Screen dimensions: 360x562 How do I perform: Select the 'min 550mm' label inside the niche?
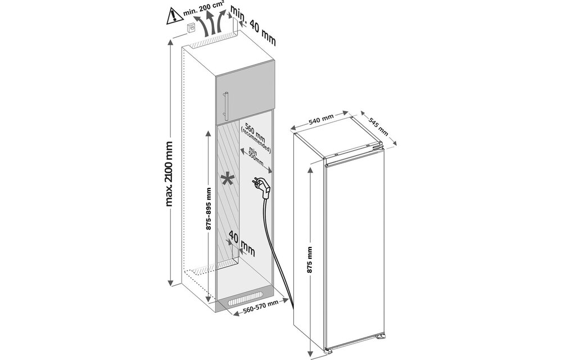pos(256,157)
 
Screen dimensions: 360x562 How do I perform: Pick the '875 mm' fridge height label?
pos(309,259)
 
